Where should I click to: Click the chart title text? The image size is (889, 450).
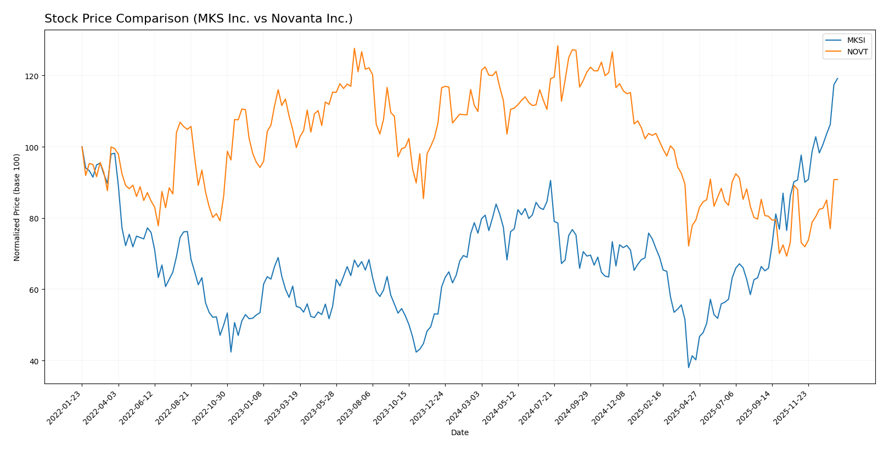point(198,19)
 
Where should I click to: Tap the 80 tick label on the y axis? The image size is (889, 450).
point(33,219)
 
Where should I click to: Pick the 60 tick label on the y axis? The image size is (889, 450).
point(33,290)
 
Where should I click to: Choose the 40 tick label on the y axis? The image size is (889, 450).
point(33,361)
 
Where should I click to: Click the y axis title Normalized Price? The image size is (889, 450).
point(17,207)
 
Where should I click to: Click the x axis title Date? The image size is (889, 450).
point(459,433)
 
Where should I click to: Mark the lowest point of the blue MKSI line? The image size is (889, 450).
point(688,368)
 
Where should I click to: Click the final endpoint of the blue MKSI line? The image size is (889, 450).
point(837,79)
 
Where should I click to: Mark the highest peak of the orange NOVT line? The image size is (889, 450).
point(558,46)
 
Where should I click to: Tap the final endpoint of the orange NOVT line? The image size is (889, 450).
point(837,180)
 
